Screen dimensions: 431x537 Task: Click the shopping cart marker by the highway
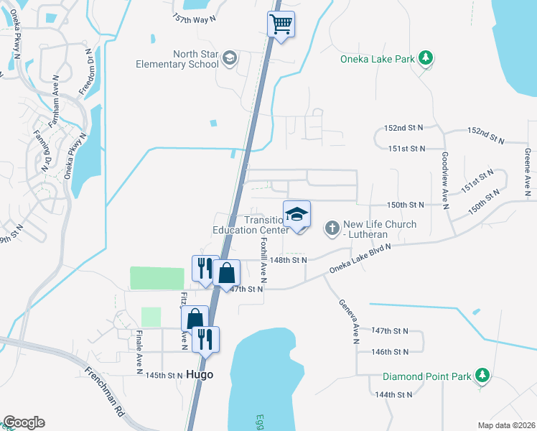[281, 24]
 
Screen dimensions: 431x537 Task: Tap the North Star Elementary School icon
[230, 58]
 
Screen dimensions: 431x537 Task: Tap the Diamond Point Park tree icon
[482, 376]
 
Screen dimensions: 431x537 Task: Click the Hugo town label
[200, 375]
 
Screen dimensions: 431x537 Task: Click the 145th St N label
[164, 376]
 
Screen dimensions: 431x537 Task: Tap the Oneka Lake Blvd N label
[360, 259]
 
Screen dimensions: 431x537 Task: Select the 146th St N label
[390, 352]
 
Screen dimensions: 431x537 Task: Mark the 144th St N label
[393, 395]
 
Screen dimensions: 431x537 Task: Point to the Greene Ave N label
[527, 169]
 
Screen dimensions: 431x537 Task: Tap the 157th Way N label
[194, 18]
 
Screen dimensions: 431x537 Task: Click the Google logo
[24, 422]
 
